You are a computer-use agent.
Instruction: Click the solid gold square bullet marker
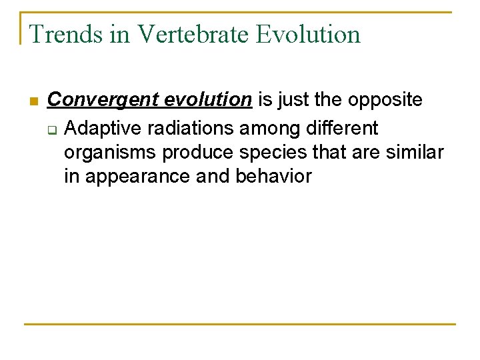[33, 101]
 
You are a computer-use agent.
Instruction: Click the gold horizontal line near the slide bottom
[240, 324]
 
